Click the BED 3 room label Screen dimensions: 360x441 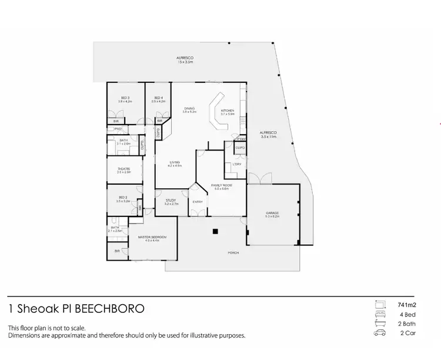125,98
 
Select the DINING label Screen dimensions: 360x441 189,108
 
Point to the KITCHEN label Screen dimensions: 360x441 228,111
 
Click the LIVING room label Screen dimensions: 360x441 175,162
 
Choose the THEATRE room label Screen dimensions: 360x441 123,169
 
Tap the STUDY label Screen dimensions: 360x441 171,201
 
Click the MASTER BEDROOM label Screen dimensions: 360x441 152,237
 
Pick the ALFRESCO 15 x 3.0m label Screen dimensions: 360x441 185,58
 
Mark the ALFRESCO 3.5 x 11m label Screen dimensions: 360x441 268,133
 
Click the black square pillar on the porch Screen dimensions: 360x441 215,231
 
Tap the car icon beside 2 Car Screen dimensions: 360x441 380,334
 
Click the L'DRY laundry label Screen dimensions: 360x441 237,164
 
